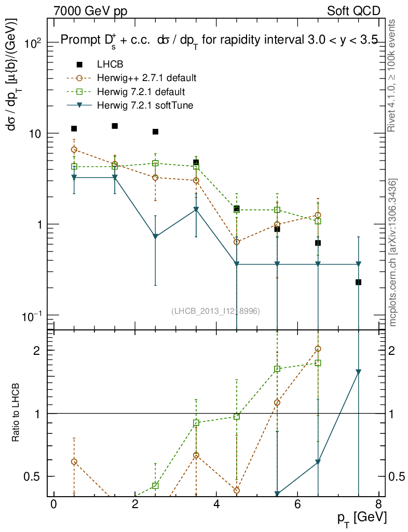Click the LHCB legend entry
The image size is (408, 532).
point(109,64)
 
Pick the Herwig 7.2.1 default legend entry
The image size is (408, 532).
point(141,92)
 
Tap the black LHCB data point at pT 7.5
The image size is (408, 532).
point(358,282)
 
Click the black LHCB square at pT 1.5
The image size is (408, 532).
point(115,126)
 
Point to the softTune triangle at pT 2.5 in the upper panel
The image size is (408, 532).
point(155,236)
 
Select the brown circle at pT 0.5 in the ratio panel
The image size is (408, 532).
point(74,462)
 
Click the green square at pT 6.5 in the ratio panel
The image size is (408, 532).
point(318,363)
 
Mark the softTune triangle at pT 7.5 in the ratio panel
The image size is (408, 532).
point(358,372)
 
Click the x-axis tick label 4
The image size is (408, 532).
point(216,505)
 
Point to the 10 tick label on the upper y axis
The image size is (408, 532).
point(35,134)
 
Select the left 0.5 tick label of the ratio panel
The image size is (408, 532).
point(33,476)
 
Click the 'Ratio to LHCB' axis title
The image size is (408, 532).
point(17,414)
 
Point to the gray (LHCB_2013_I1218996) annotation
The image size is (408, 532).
point(216,311)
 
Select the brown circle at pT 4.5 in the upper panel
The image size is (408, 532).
point(237,242)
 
